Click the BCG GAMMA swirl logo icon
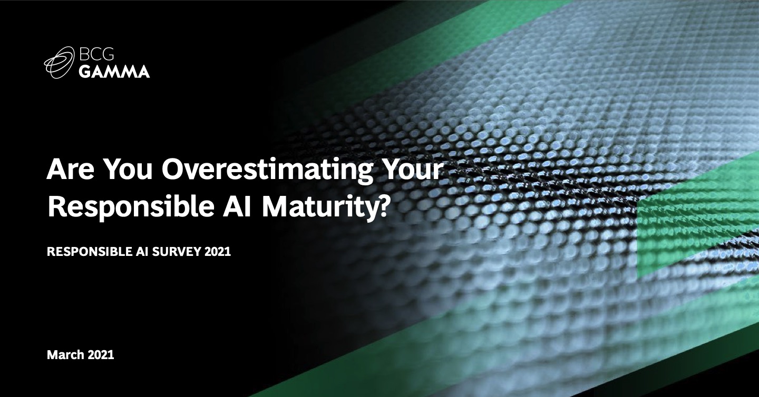(59, 63)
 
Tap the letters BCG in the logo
(96, 54)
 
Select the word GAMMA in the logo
(114, 72)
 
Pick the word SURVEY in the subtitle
(177, 252)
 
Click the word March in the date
(65, 355)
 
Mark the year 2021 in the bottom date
(101, 355)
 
